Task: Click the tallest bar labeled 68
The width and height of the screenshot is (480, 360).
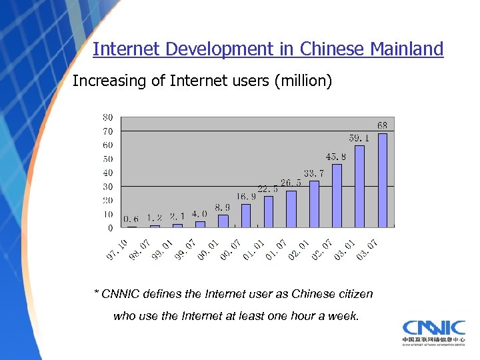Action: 383,180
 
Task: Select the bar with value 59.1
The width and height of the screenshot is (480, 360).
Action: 360,187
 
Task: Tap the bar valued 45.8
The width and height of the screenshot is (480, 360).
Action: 337,196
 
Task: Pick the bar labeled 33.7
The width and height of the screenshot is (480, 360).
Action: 314,204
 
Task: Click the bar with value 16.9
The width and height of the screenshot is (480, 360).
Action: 246,216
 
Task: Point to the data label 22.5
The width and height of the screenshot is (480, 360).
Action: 268,189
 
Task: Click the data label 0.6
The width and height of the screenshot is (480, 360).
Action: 131,219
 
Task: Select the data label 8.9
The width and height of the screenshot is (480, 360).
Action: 223,207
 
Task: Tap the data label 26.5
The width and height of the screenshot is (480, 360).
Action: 291,182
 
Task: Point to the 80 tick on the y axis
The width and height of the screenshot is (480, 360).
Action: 107,117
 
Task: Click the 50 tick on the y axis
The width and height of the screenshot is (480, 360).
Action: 107,159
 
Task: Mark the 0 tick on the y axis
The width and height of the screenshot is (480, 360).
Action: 110,228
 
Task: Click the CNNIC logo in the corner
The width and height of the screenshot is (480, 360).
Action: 433,332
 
